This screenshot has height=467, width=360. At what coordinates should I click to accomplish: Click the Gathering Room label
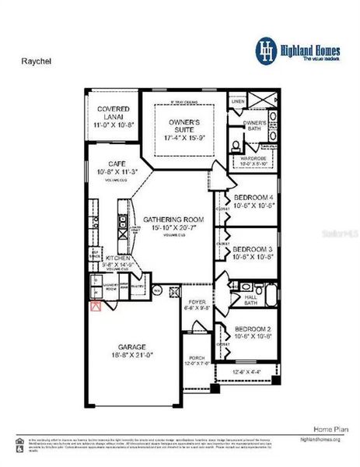tap(170, 223)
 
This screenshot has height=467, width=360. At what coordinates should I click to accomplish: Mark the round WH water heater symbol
tap(156, 291)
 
